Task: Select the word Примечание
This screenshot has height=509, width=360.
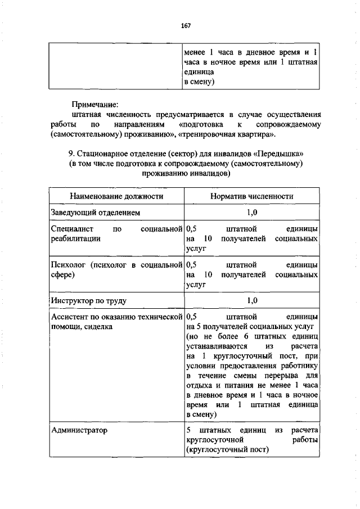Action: [x=95, y=105]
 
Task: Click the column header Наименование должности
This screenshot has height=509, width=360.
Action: [x=116, y=196]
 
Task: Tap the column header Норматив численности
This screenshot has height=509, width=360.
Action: [x=252, y=196]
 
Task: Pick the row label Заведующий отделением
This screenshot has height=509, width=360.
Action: [x=95, y=213]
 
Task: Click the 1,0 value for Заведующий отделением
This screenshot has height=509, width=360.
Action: [x=252, y=213]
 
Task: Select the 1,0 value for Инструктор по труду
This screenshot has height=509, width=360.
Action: [x=252, y=301]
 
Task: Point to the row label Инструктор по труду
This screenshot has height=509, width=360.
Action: [x=88, y=301]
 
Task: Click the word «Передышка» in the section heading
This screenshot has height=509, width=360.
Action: [x=283, y=154]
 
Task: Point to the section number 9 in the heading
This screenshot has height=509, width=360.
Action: [x=70, y=154]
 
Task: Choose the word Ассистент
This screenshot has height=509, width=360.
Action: [x=69, y=317]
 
